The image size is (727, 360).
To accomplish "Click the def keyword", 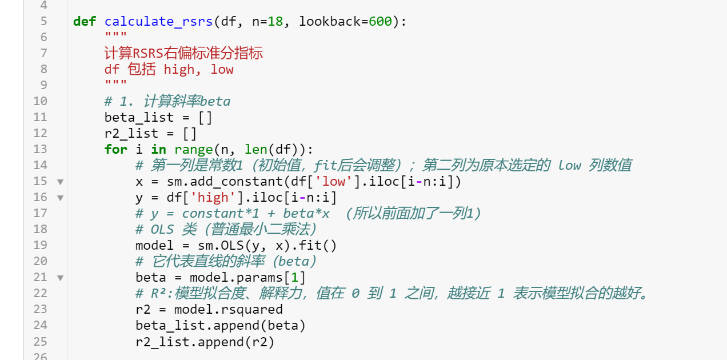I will (x=84, y=22).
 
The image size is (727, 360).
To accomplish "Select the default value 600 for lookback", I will (x=380, y=22).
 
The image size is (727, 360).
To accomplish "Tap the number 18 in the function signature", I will (x=275, y=22).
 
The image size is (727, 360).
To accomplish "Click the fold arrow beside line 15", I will (x=60, y=182).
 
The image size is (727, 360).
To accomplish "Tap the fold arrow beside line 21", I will (x=60, y=278).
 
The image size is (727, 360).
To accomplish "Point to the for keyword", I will (x=115, y=149).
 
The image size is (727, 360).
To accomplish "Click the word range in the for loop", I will (x=193, y=149).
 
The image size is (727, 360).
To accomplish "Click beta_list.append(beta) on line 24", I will (x=220, y=326).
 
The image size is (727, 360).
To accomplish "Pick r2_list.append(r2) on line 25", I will (x=205, y=342).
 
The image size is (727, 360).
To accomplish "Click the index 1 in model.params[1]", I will (x=295, y=278).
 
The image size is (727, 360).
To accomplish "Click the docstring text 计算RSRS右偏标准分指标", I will (x=183, y=54).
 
